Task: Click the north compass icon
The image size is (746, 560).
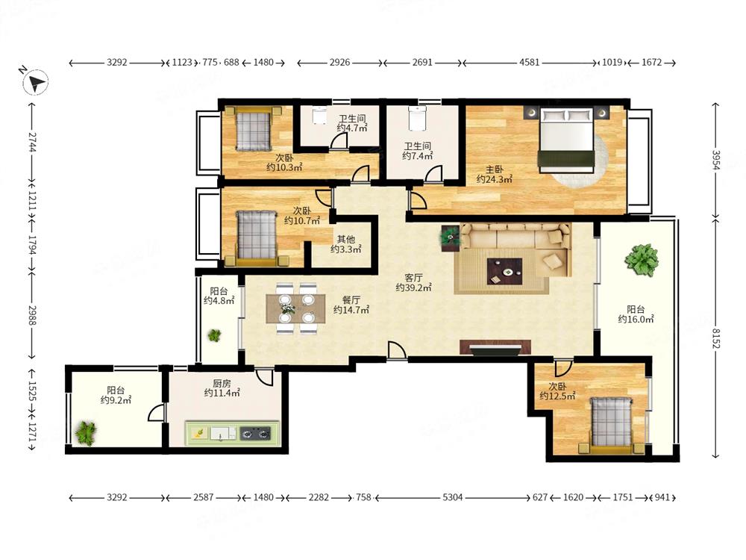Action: pyautogui.click(x=36, y=82)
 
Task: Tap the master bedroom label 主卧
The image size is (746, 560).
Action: pyautogui.click(x=495, y=169)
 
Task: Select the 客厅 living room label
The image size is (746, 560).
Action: pyautogui.click(x=413, y=277)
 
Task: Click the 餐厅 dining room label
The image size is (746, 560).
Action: pyautogui.click(x=351, y=300)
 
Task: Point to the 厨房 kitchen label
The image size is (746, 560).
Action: pyautogui.click(x=222, y=383)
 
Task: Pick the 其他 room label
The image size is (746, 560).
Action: pyautogui.click(x=346, y=239)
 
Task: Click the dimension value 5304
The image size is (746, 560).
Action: pyautogui.click(x=453, y=497)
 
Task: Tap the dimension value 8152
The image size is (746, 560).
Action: pyautogui.click(x=716, y=337)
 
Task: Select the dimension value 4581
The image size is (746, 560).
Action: pyautogui.click(x=529, y=63)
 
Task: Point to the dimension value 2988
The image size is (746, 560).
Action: pyautogui.click(x=32, y=315)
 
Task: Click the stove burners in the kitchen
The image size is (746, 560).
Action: pyautogui.click(x=255, y=433)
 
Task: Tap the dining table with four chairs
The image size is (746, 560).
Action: pyautogui.click(x=295, y=308)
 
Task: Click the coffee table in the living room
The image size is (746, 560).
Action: pyautogui.click(x=504, y=272)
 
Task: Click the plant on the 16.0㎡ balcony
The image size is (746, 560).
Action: pyautogui.click(x=642, y=260)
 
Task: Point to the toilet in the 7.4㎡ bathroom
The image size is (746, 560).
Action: pyautogui.click(x=416, y=118)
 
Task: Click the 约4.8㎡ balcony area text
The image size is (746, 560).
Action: pyautogui.click(x=219, y=300)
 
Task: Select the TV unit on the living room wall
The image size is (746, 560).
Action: pyautogui.click(x=495, y=347)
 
